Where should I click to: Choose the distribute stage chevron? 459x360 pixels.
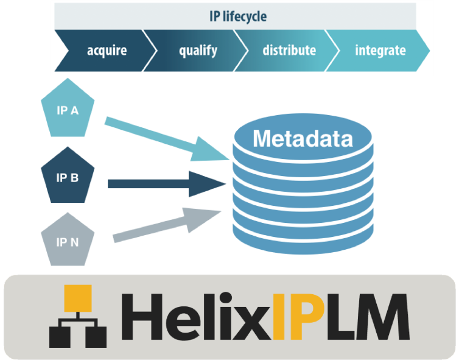[289, 50]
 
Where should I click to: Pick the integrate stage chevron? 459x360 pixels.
[380, 50]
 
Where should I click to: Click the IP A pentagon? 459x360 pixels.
[67, 111]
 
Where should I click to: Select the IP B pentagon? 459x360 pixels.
[67, 177]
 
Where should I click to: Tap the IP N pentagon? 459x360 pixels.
[67, 242]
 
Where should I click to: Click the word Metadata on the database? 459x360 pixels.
[303, 139]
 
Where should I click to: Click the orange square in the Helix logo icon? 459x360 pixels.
[77, 298]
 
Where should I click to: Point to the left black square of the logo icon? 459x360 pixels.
[59, 336]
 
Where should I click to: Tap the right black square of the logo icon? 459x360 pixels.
[96, 336]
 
